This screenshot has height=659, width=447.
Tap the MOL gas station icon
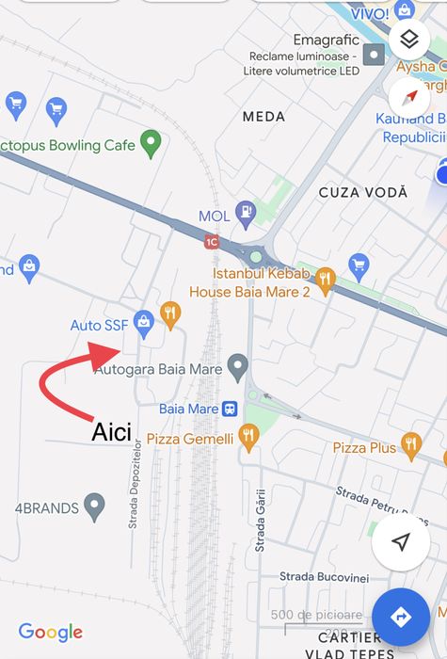coord(245,214)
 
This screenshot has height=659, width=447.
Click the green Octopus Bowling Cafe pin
coord(150,144)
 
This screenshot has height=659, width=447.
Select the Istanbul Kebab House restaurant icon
coord(326,279)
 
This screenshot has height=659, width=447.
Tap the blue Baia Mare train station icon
coord(229,409)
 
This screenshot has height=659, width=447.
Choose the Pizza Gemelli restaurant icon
coord(248,436)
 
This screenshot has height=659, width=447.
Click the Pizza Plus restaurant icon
coord(410,442)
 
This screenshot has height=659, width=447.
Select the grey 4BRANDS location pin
coord(94,506)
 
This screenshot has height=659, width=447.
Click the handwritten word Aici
coord(112,433)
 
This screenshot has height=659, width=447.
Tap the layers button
coord(408,40)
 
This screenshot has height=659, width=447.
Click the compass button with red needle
coord(408,97)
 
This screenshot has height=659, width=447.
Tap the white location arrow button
coord(401,542)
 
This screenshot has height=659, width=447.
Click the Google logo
coord(51,633)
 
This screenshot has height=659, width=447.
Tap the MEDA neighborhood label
coord(263,117)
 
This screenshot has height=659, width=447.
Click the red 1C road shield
coord(213,242)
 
